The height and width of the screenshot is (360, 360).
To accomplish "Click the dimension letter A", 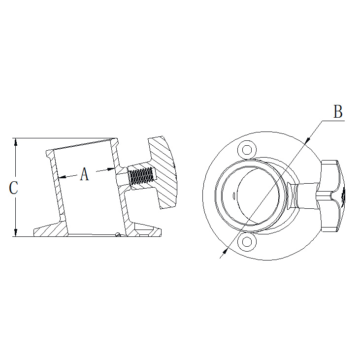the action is (x=85, y=174).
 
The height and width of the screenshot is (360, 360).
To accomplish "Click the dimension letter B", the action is (x=338, y=112).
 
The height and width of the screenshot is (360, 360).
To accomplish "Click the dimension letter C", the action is (x=14, y=188).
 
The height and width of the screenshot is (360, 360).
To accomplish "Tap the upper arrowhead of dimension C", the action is (x=15, y=142).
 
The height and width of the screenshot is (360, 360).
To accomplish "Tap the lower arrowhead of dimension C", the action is (x=15, y=232).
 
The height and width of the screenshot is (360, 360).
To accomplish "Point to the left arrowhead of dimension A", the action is (x=62, y=177).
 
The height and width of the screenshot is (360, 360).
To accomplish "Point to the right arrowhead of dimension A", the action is (x=111, y=169).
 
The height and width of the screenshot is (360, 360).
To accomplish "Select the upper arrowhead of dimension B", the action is (x=308, y=140).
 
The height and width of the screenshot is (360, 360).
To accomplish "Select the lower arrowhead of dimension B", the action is (x=225, y=251).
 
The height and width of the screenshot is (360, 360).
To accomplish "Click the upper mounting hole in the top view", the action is (x=247, y=150).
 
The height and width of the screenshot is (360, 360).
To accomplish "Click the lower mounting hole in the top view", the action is (x=247, y=242).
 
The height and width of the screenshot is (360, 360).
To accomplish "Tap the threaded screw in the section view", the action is (x=141, y=177).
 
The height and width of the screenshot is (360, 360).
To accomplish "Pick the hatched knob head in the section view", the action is (x=163, y=173).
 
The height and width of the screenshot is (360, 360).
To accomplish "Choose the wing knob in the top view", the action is (x=332, y=196).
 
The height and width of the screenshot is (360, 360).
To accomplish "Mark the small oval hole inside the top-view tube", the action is (x=234, y=196).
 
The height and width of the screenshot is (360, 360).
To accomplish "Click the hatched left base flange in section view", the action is (x=51, y=229).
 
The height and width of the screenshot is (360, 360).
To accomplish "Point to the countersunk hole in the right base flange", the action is (x=144, y=232).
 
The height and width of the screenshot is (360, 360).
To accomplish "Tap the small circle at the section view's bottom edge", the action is (x=118, y=234).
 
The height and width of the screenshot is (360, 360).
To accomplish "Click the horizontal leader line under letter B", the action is (x=333, y=120).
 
